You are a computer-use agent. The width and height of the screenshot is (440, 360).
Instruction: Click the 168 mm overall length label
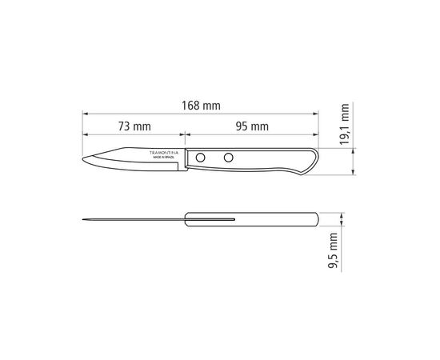click(201, 106)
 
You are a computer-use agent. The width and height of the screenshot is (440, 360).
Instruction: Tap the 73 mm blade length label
click(134, 126)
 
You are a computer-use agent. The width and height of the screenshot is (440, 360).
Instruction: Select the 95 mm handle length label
click(252, 126)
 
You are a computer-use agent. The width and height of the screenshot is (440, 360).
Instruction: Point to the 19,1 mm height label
click(345, 124)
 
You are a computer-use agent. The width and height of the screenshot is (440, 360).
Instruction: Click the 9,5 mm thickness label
click(333, 250)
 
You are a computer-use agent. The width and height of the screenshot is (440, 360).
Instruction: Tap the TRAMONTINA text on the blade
click(164, 153)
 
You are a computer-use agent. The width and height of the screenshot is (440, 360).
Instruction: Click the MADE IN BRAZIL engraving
click(164, 158)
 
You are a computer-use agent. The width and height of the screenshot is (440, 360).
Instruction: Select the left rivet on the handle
click(200, 158)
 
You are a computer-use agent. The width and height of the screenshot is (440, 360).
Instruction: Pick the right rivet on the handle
click(229, 158)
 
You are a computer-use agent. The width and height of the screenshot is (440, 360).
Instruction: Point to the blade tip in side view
click(82, 159)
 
